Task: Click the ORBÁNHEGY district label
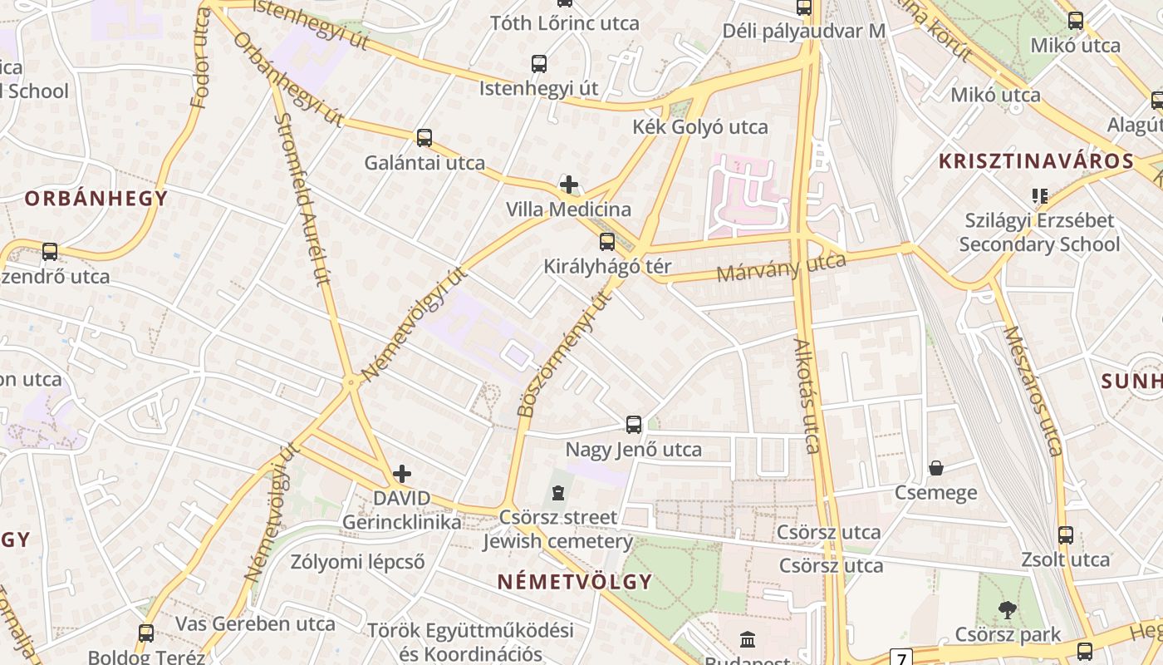(96, 199)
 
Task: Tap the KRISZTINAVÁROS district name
(1036, 161)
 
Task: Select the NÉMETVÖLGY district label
(575, 582)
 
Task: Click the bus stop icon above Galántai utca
(424, 138)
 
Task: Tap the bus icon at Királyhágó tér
(607, 242)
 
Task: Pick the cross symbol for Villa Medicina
(569, 184)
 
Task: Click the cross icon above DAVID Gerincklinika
(402, 474)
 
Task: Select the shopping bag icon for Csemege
(936, 468)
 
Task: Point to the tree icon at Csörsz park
(1008, 610)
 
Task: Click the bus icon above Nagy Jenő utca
(634, 425)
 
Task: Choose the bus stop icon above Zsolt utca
(1066, 534)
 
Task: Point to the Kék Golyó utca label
(700, 127)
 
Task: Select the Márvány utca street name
(781, 267)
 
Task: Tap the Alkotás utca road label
(807, 395)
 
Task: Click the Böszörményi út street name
(565, 354)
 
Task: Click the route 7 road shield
(901, 658)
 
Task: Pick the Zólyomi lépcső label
(357, 562)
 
